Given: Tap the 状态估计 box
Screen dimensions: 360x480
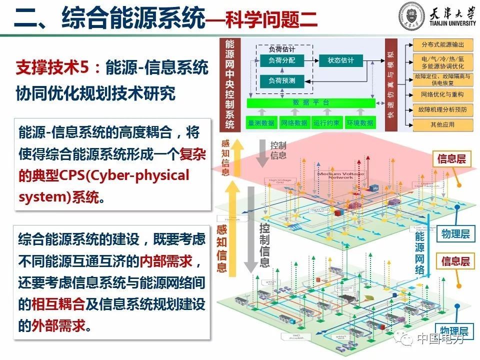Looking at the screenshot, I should [340, 60].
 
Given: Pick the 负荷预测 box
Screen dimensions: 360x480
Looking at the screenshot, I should [281, 80].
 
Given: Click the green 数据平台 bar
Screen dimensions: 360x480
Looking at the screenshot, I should [311, 102].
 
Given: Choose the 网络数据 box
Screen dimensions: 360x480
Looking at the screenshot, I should [294, 122].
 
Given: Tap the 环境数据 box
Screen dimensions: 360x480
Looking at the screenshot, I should [359, 122].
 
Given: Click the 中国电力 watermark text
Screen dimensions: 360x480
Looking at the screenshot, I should [440, 339].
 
